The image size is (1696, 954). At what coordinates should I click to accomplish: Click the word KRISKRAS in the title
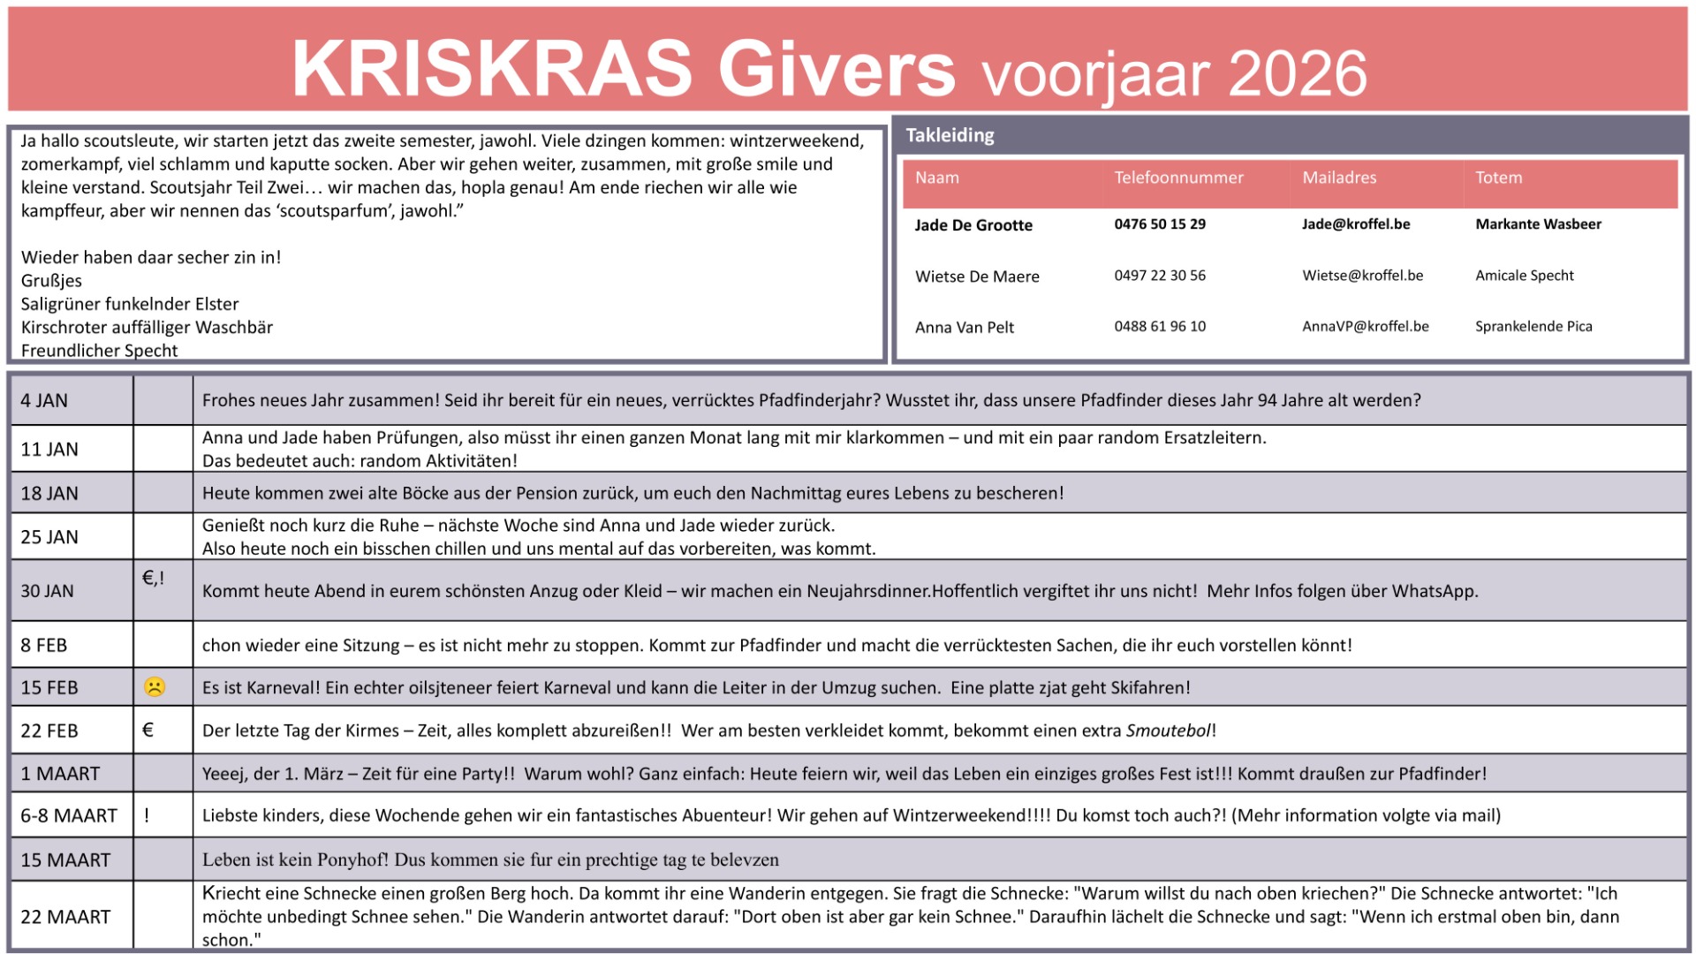pos(492,69)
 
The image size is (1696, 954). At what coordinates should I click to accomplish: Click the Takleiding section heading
pos(950,135)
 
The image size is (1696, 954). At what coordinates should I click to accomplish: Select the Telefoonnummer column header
pos(1178,178)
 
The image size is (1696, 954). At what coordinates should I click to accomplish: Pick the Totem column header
pos(1498,178)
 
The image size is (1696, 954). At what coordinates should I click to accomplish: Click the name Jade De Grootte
pos(973,225)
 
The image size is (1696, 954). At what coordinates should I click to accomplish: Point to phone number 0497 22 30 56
pos(1160,276)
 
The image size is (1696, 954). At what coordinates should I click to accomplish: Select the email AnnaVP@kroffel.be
pos(1365,326)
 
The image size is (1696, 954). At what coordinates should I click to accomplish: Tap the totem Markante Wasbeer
pos(1538,224)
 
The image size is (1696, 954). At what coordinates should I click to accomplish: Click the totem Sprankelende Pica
pos(1533,326)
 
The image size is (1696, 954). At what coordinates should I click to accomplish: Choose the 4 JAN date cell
pos(44,400)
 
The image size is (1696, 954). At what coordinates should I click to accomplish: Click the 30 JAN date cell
pos(47,591)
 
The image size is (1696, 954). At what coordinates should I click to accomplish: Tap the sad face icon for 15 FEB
pos(154,686)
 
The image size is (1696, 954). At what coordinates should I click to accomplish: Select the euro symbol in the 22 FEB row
pos(148,730)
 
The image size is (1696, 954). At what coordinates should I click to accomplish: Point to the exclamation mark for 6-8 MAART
pos(147,815)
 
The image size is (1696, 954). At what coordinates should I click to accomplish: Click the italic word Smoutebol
pos(1168,731)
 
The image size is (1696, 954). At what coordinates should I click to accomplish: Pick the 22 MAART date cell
pos(65,917)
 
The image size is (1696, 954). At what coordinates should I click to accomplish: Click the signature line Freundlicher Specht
pos(99,351)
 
